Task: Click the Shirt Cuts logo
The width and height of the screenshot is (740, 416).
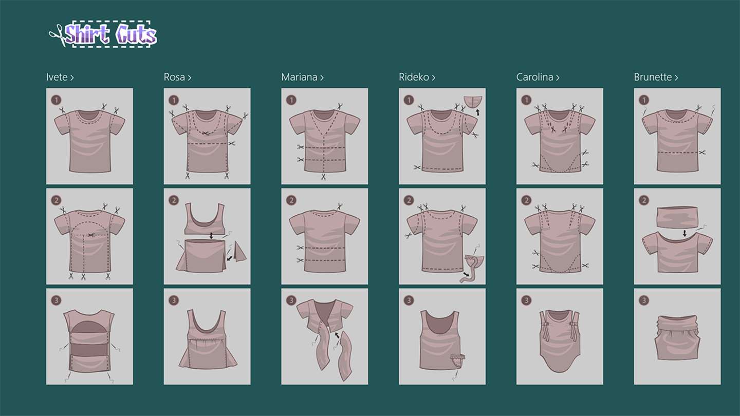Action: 103,34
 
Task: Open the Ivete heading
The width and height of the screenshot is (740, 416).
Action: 60,77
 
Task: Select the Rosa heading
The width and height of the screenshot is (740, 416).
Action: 177,77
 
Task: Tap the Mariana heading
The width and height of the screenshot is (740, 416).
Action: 302,77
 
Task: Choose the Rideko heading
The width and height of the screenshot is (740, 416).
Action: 417,77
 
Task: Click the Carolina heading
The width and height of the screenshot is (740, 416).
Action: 538,77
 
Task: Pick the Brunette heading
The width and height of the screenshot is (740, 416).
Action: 656,77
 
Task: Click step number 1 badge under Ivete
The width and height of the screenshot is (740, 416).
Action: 56,100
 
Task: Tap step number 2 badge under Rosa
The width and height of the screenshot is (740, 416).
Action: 174,200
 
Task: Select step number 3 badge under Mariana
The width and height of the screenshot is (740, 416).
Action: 291,300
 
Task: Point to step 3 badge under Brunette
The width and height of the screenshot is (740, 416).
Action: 643,300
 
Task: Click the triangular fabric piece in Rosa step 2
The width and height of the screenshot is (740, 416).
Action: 240,251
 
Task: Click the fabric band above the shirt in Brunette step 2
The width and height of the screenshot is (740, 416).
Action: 677,218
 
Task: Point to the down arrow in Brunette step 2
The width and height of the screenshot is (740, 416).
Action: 684,233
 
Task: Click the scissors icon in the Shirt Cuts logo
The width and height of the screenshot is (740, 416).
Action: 58,35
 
